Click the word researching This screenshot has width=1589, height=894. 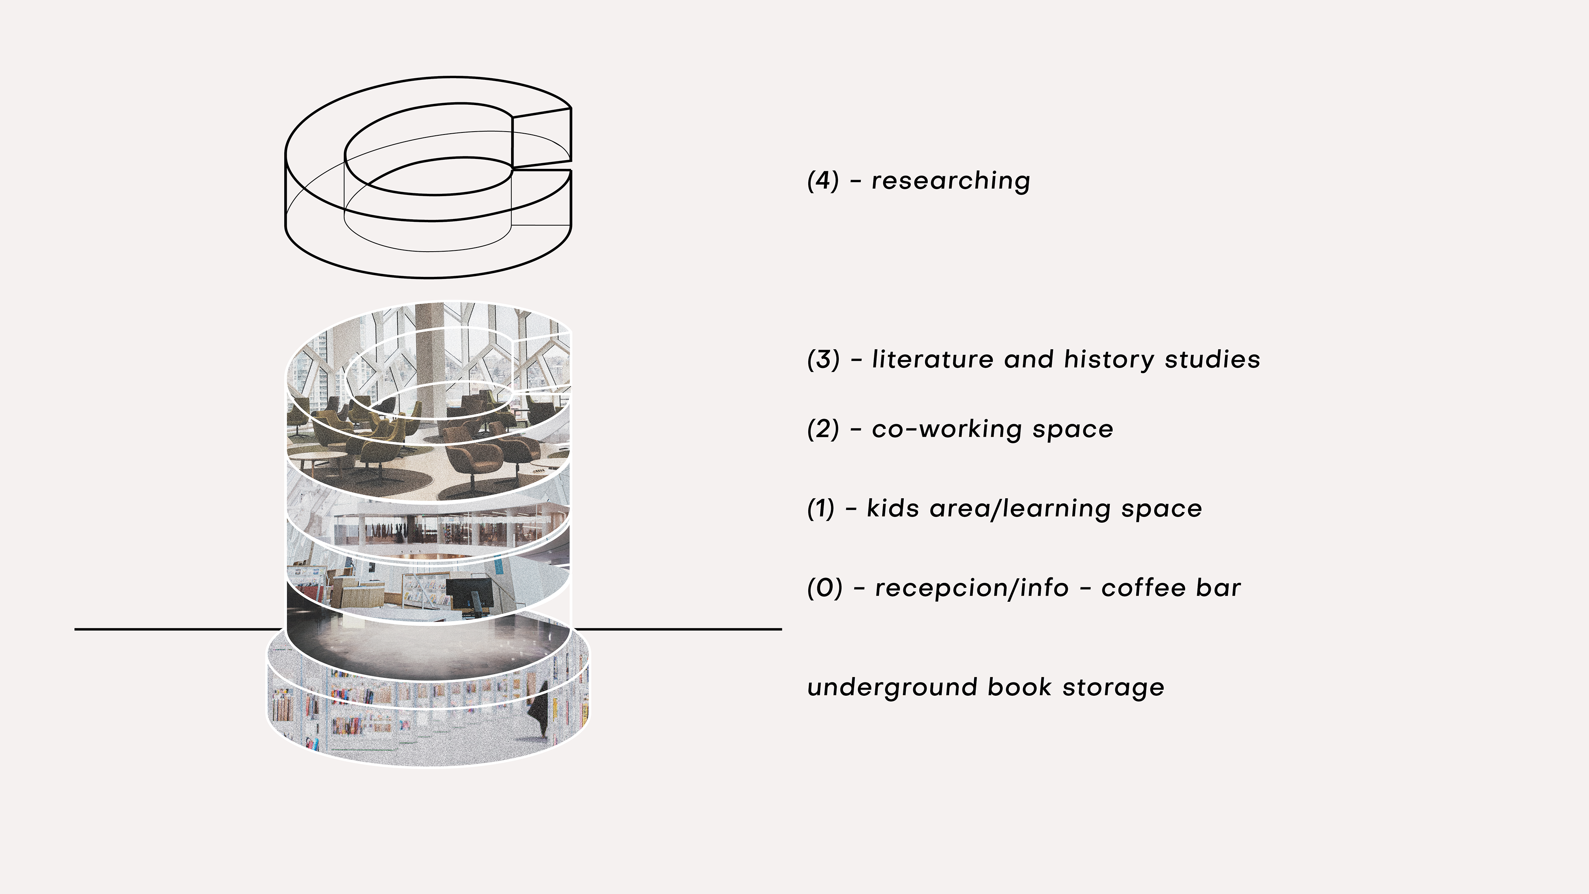[951, 181]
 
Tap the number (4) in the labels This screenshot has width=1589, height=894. [823, 181]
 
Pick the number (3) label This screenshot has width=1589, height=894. [823, 359]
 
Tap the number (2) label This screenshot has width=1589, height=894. [823, 429]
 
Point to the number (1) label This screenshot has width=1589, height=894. [821, 508]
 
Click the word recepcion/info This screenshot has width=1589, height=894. [972, 588]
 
